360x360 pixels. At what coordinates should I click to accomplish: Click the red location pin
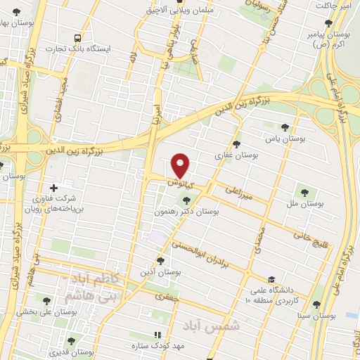coord(181,165)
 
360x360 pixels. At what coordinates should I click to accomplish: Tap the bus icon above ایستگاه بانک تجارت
coord(77,38)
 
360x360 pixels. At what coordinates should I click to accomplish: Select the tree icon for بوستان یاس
coord(284,127)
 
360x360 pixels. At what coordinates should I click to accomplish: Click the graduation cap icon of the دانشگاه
coord(271,279)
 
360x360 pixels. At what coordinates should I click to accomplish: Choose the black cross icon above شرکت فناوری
coord(54,186)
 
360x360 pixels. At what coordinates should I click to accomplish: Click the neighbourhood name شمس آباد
coord(216,325)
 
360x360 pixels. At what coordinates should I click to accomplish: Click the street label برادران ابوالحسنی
coord(214,252)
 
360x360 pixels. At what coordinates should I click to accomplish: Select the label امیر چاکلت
coord(336,6)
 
